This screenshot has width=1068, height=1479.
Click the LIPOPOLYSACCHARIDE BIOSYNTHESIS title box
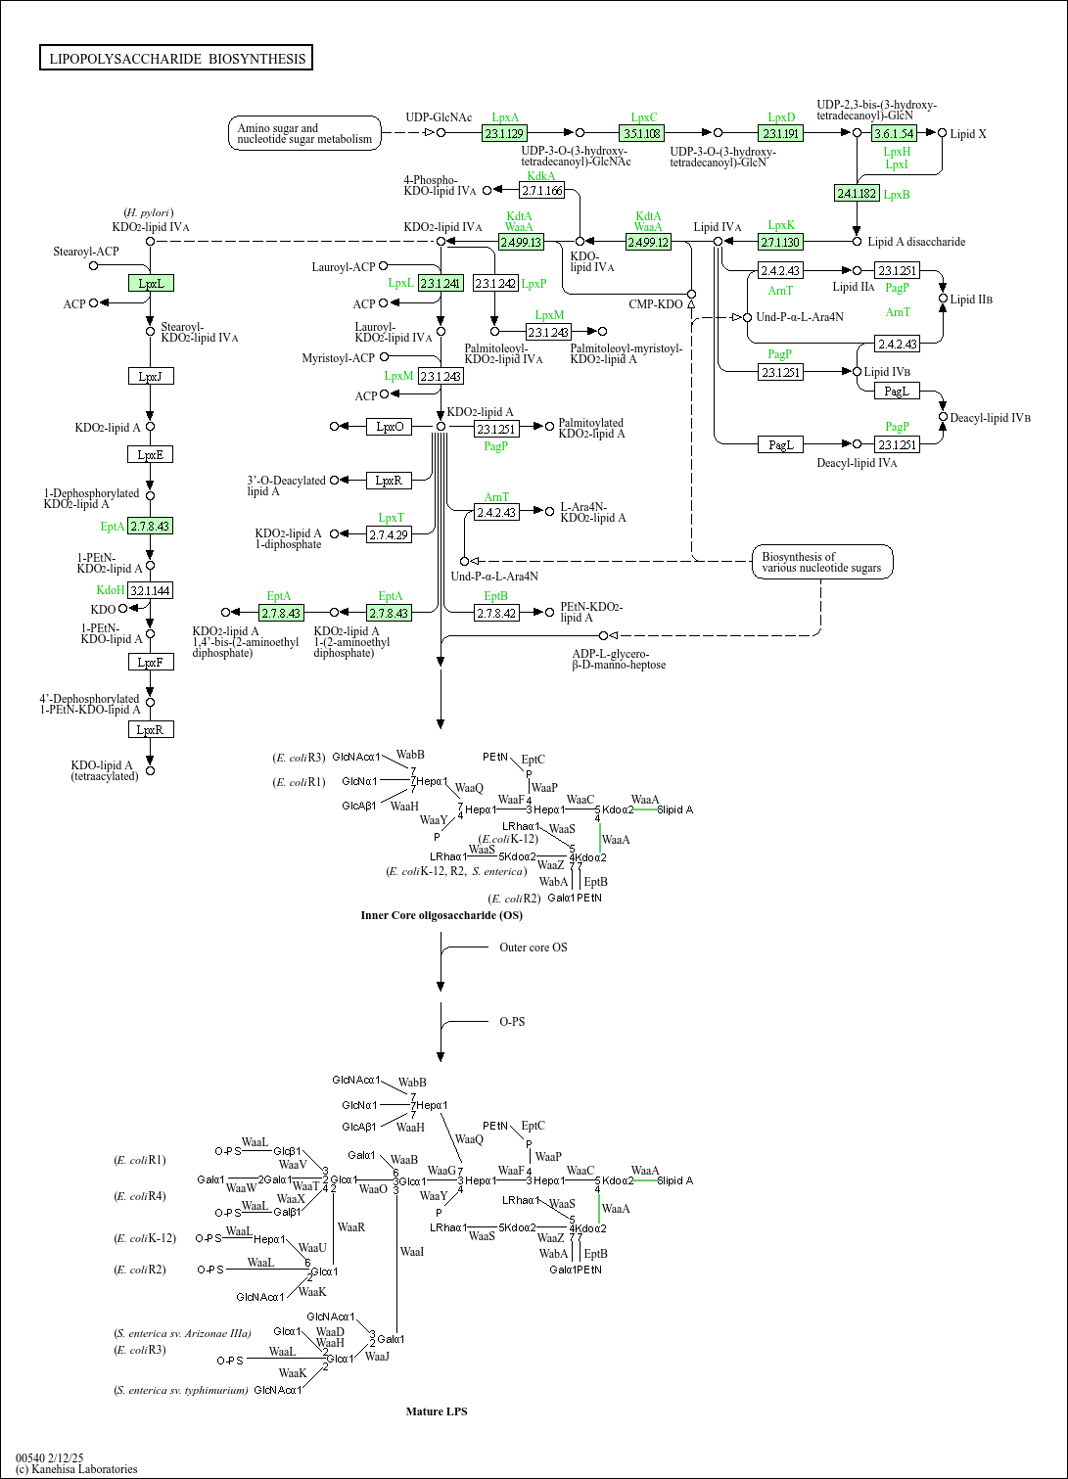[176, 59]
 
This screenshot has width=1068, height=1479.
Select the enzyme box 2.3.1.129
[505, 133]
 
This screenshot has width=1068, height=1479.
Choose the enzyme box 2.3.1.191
[780, 133]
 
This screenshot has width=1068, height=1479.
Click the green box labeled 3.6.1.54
[894, 133]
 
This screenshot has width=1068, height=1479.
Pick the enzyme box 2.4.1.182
[857, 193]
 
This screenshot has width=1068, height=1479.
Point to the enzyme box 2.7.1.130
[780, 242]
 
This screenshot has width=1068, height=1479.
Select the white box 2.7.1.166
[542, 190]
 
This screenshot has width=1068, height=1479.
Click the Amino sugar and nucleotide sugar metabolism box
[305, 133]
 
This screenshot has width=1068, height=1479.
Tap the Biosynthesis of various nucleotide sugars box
[822, 562]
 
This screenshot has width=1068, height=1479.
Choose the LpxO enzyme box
[390, 426]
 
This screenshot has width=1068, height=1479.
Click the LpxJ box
[151, 376]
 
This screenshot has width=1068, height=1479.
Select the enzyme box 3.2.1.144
[151, 590]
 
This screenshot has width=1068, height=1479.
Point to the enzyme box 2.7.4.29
[390, 534]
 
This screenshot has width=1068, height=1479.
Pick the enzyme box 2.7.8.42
[496, 613]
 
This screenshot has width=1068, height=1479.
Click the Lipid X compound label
[968, 134]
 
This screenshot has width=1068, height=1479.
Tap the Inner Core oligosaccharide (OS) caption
[441, 915]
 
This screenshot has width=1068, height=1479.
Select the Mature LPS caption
[437, 1410]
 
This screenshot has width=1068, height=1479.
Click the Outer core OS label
[533, 947]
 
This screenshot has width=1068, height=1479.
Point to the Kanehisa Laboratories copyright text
[76, 1468]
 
